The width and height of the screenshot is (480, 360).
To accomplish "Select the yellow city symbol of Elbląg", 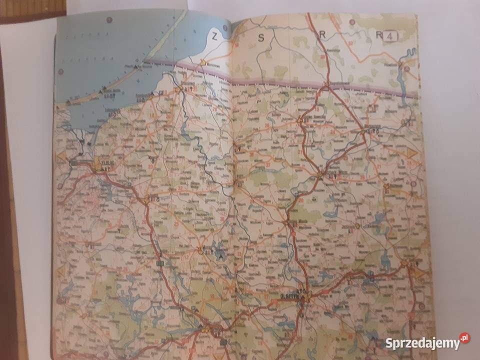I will click(x=97, y=163).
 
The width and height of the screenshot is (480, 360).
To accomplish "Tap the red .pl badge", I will click(x=464, y=338).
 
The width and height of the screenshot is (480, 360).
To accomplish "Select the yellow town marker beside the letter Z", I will click(x=203, y=62).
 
